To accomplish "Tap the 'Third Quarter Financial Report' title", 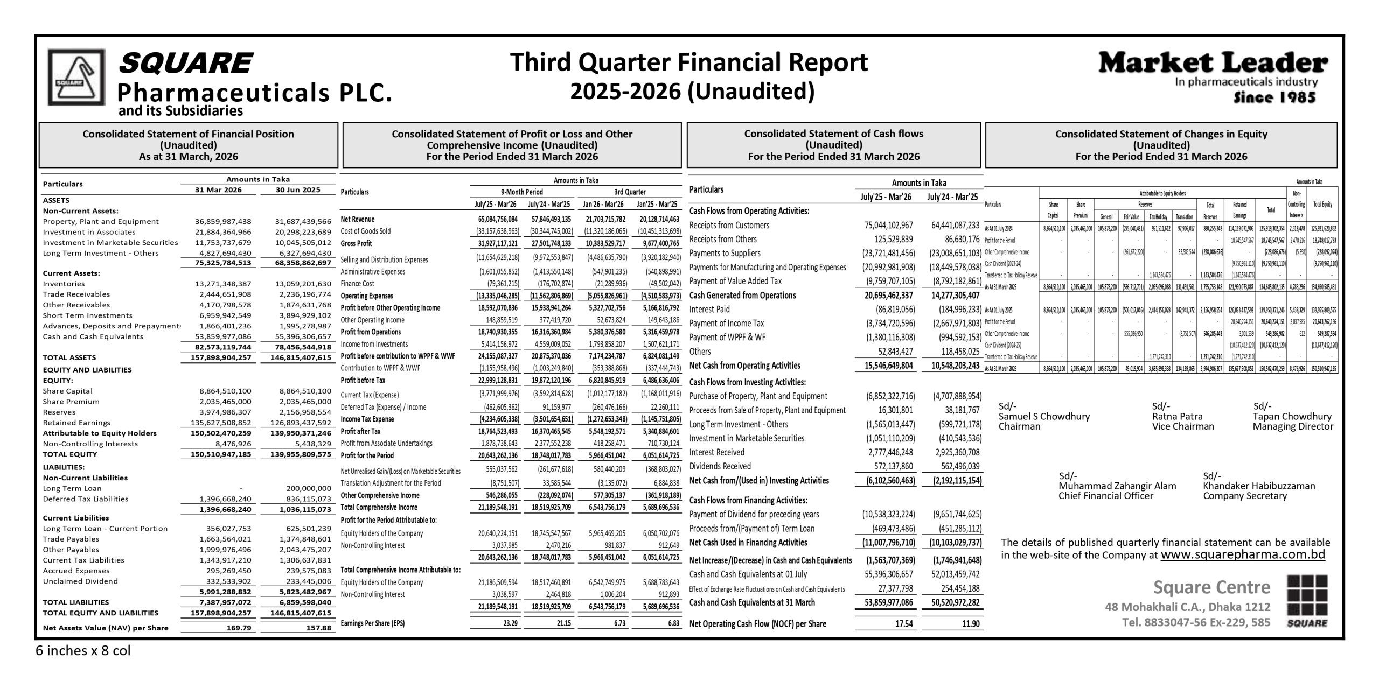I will pyautogui.click(x=689, y=62).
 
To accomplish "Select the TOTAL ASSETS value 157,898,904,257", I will pyautogui.click(x=221, y=357).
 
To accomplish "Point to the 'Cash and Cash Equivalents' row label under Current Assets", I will pyautogui.click(x=93, y=336).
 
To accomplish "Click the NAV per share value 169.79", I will pyautogui.click(x=236, y=628).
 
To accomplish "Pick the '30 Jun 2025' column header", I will pyautogui.click(x=298, y=190).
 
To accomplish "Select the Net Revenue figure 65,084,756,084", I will pyautogui.click(x=497, y=219).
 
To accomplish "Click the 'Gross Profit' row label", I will pyautogui.click(x=356, y=243).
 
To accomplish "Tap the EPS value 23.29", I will pyautogui.click(x=509, y=623).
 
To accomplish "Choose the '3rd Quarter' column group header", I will pyautogui.click(x=630, y=192).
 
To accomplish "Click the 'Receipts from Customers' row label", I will pyautogui.click(x=729, y=225).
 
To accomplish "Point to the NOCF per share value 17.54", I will pyautogui.click(x=902, y=624).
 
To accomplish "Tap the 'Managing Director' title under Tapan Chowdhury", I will pyautogui.click(x=1292, y=426).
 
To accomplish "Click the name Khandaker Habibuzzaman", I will pyautogui.click(x=1258, y=486).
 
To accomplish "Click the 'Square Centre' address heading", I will pyautogui.click(x=1211, y=587).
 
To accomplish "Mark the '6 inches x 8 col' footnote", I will pyautogui.click(x=83, y=651).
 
